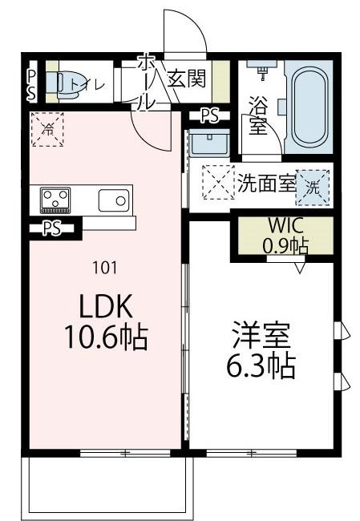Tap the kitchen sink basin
click(115, 198)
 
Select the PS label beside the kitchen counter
click(52, 228)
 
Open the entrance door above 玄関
click(184, 32)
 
